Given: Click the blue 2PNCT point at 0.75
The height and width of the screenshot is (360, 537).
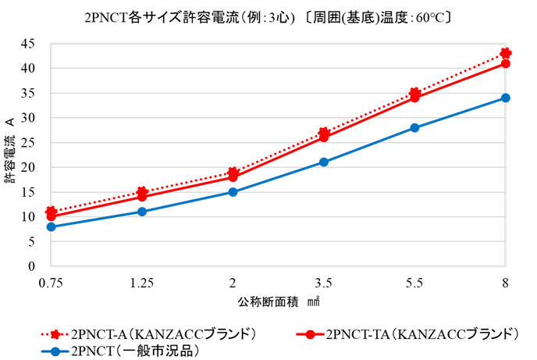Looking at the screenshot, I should point(51,226).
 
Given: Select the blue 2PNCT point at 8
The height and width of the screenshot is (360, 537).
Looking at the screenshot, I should point(506,98).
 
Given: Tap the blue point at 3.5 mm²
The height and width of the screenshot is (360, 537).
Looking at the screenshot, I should point(324,162).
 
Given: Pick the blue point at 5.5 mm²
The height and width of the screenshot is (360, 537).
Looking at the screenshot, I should point(414,127).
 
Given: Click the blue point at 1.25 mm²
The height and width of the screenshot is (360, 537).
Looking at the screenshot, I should point(142,212).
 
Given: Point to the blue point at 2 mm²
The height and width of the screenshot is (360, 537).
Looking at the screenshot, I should point(233,192).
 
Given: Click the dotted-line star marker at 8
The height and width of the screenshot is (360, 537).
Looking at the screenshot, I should point(506,53).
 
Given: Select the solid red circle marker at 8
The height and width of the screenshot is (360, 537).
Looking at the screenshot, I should point(506,63).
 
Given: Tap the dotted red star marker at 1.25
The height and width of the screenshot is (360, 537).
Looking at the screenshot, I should point(142,192).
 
